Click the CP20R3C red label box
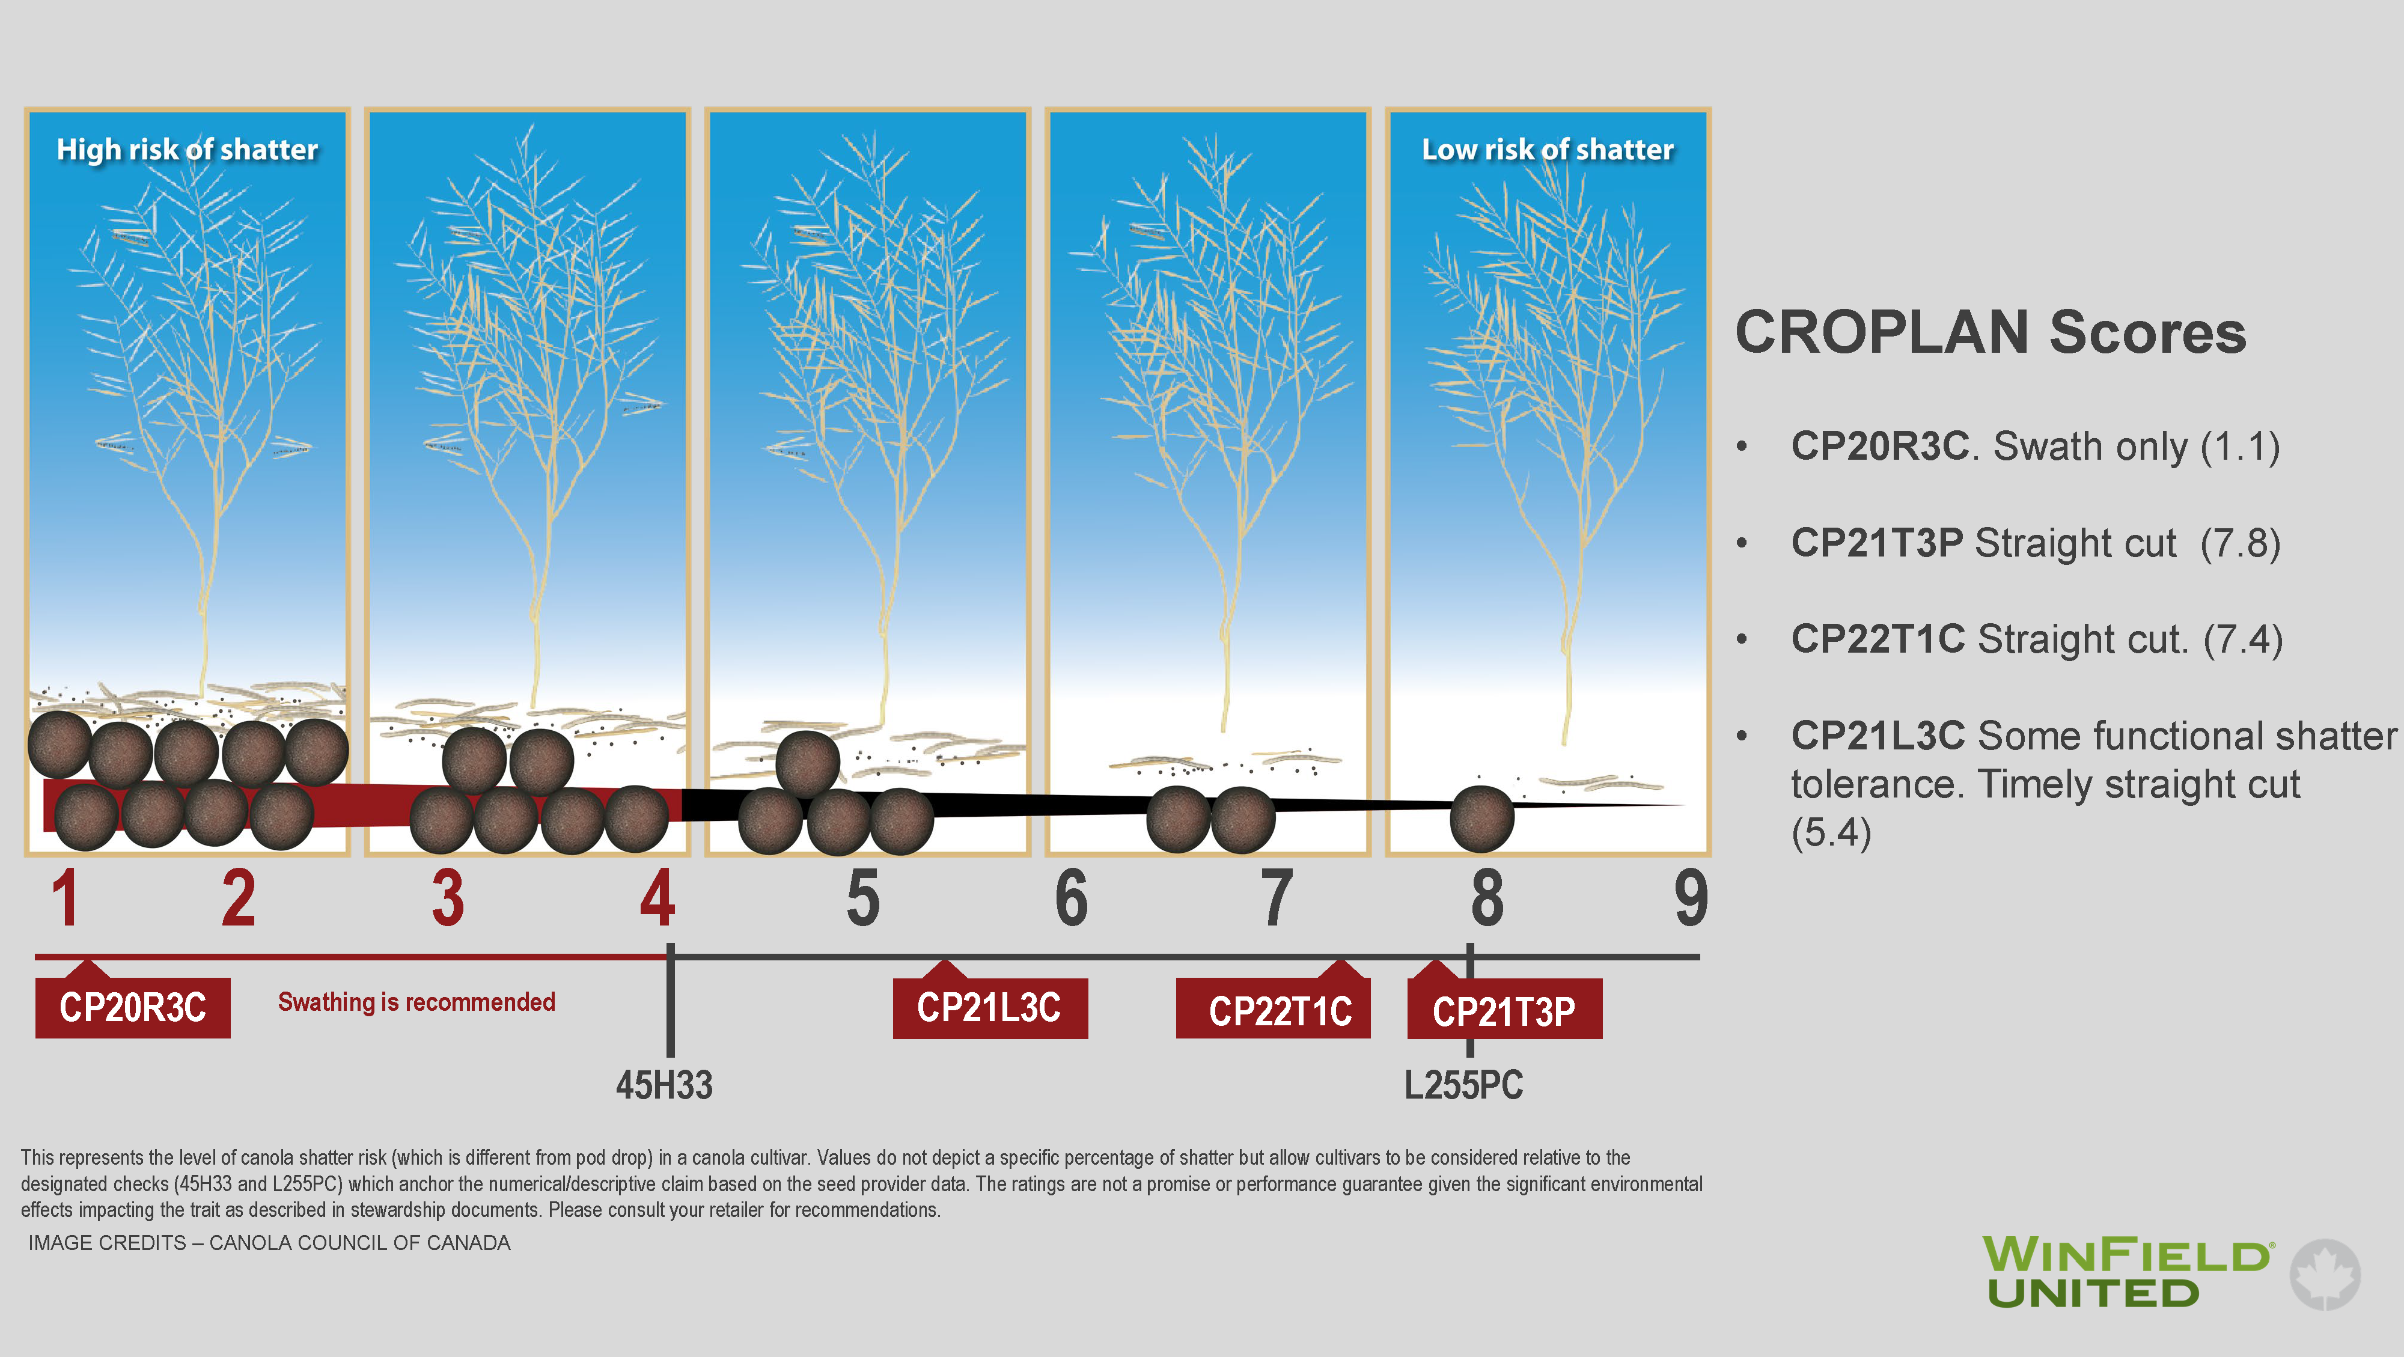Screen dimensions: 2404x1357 coord(132,1007)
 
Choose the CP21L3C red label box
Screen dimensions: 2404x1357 coord(990,1008)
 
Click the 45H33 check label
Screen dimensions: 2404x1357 coord(664,1085)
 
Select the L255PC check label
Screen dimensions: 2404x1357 coord(1463,1085)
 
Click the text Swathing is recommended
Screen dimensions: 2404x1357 coord(416,1002)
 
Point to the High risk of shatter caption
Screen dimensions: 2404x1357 coord(188,149)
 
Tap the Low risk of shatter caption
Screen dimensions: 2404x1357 coord(1548,149)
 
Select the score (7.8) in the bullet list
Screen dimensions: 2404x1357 coord(2240,543)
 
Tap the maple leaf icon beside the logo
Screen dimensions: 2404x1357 coord(2325,1274)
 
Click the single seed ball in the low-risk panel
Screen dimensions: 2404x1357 coord(1481,819)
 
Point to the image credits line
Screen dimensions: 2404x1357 coord(269,1243)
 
